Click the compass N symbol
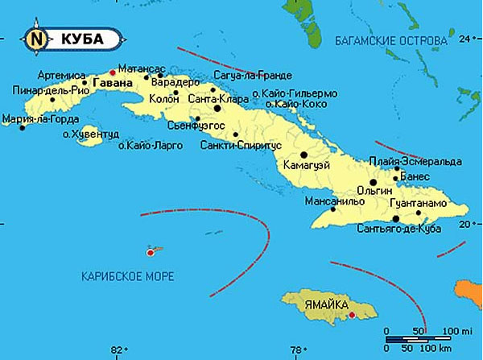click(35, 38)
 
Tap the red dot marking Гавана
click(112, 73)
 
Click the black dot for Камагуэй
click(303, 155)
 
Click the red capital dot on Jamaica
click(353, 314)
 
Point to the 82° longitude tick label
click(118, 350)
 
